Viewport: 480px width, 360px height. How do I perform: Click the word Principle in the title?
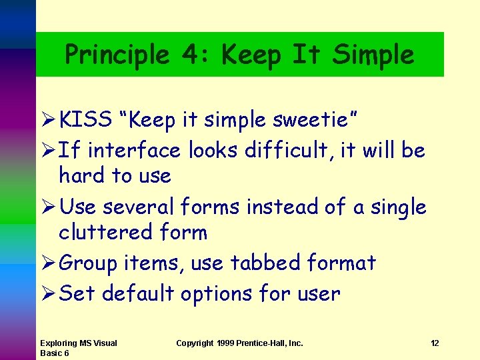pos(117,55)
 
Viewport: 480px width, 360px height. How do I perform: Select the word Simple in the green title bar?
pos(373,55)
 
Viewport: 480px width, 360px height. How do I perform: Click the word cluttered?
pos(106,233)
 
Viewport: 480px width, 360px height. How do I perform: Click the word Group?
pos(89,263)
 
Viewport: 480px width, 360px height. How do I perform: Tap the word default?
pos(138,293)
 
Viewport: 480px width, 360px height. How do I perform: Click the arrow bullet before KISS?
pos(47,120)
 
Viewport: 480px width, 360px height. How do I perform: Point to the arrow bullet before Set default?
pos(47,293)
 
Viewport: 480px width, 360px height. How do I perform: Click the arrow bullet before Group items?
pos(47,263)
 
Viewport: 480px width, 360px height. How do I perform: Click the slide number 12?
pos(435,343)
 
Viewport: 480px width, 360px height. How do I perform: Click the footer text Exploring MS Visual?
pos(79,343)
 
